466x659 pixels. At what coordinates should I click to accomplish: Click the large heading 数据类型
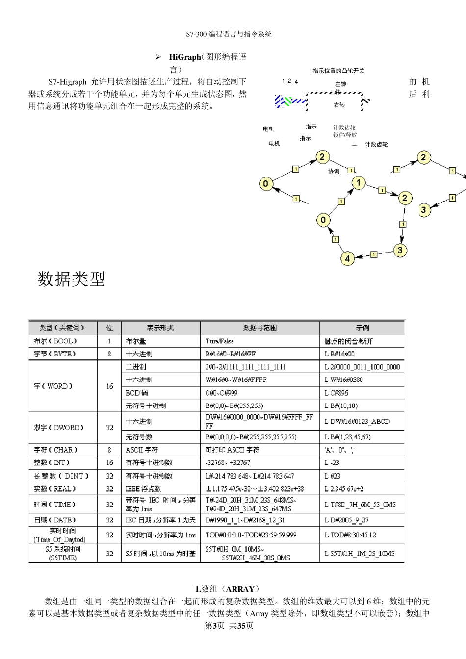click(x=72, y=279)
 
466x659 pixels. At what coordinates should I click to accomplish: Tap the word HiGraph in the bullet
click(x=185, y=57)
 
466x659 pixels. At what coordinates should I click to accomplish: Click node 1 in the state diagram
click(x=359, y=183)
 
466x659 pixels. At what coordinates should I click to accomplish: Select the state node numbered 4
click(x=347, y=258)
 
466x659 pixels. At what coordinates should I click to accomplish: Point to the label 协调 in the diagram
click(x=334, y=171)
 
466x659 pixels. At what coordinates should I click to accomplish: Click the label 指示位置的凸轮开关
click(x=338, y=71)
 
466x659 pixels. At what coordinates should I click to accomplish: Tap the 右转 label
click(x=339, y=105)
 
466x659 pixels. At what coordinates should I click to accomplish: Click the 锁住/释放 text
click(x=345, y=135)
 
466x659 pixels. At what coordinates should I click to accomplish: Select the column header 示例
click(x=362, y=328)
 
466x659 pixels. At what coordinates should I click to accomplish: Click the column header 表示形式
click(x=160, y=328)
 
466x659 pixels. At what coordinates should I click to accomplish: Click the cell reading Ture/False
click(x=220, y=341)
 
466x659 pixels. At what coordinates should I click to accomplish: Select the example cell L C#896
click(x=337, y=393)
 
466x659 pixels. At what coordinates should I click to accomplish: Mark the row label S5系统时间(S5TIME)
click(x=63, y=553)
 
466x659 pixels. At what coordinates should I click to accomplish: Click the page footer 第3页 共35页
click(x=229, y=626)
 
